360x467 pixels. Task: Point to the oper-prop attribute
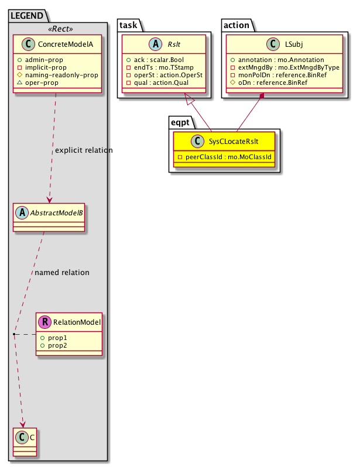[48, 84]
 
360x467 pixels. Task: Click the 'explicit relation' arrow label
[84, 150]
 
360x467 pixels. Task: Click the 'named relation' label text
[62, 272]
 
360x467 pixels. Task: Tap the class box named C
[24, 442]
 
